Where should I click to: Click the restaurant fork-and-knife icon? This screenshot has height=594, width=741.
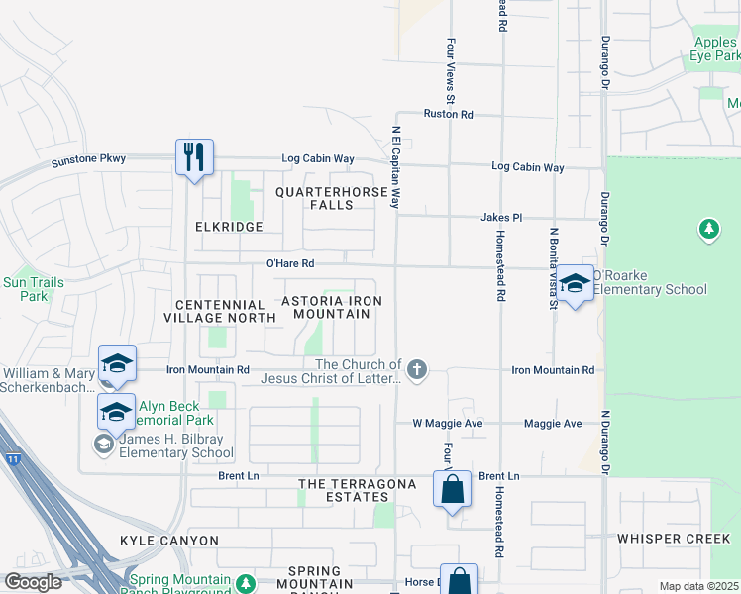coord(194,156)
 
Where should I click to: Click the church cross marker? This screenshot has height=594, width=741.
coord(417,370)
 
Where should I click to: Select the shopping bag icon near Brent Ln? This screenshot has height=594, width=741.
coord(452,489)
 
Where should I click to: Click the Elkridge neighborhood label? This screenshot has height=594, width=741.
coord(229,227)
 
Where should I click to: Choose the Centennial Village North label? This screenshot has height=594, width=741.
coord(225,311)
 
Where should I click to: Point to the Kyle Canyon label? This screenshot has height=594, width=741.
coord(169,541)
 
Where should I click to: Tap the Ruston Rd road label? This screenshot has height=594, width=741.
coord(448,115)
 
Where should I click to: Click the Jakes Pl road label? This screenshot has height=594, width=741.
coord(501,217)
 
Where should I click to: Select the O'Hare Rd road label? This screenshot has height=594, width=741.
coord(289,264)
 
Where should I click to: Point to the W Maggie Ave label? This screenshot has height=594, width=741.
coord(447,424)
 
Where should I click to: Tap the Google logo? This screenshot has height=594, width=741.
coord(33,582)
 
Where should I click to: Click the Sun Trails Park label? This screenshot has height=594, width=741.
coord(34,289)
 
